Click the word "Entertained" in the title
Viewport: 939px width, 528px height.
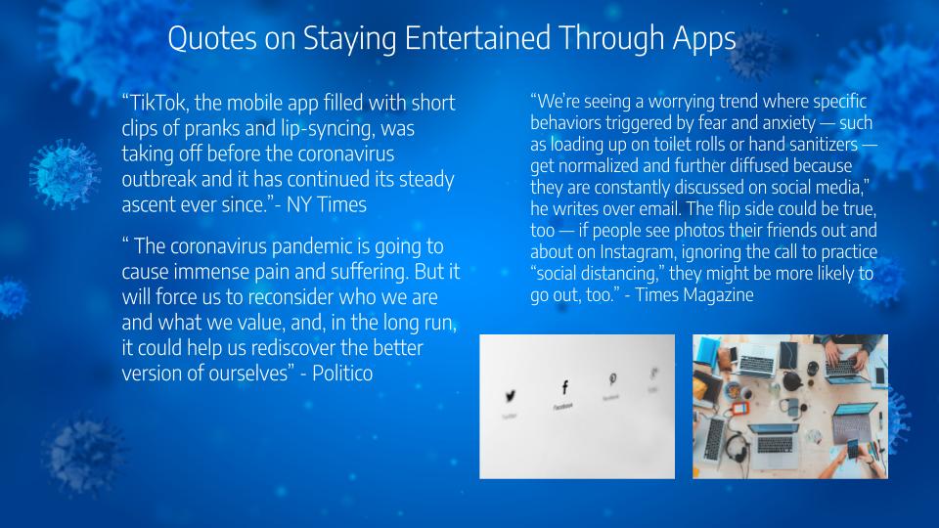[x=477, y=38]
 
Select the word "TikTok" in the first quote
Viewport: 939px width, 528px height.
[x=156, y=103]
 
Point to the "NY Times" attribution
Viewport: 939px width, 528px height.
[x=327, y=204]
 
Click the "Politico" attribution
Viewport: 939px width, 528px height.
[x=342, y=374]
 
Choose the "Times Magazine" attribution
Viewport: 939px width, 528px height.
[x=694, y=294]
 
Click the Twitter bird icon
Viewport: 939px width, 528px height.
[x=511, y=396]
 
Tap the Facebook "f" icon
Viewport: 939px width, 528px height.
[x=564, y=387]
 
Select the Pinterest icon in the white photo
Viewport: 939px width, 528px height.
[x=612, y=379]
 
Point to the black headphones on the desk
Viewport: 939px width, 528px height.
[x=736, y=448]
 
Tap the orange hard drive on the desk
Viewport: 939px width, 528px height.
[x=740, y=409]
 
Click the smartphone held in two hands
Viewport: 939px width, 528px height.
[x=853, y=448]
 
